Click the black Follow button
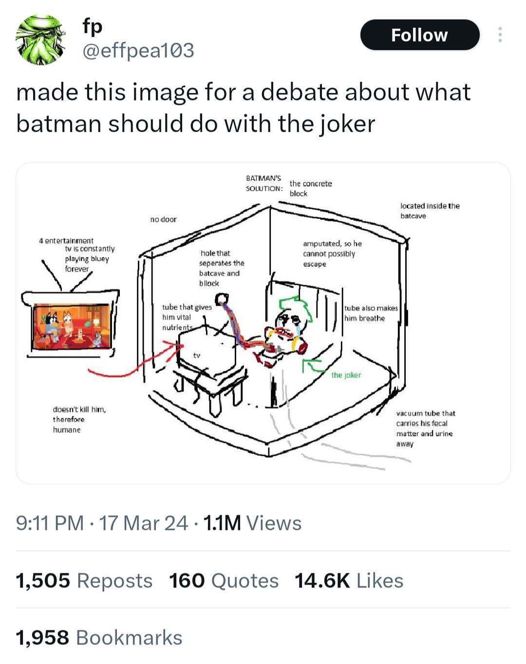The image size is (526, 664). [420, 35]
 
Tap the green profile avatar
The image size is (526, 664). [41, 39]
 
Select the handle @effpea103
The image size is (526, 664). [138, 50]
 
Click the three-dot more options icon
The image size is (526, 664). [500, 35]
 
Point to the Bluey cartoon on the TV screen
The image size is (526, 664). [72, 326]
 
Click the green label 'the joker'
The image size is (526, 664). [346, 375]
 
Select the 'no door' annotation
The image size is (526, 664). [164, 219]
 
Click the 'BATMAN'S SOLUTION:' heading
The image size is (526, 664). [264, 183]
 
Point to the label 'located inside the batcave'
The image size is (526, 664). [430, 211]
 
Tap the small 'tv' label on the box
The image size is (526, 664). [196, 355]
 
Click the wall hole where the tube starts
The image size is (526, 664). [222, 299]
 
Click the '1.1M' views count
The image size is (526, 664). [222, 523]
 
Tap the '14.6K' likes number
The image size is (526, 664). [322, 581]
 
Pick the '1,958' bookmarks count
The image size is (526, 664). [42, 638]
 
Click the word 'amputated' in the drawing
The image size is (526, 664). [322, 244]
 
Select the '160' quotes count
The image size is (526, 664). [187, 581]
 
